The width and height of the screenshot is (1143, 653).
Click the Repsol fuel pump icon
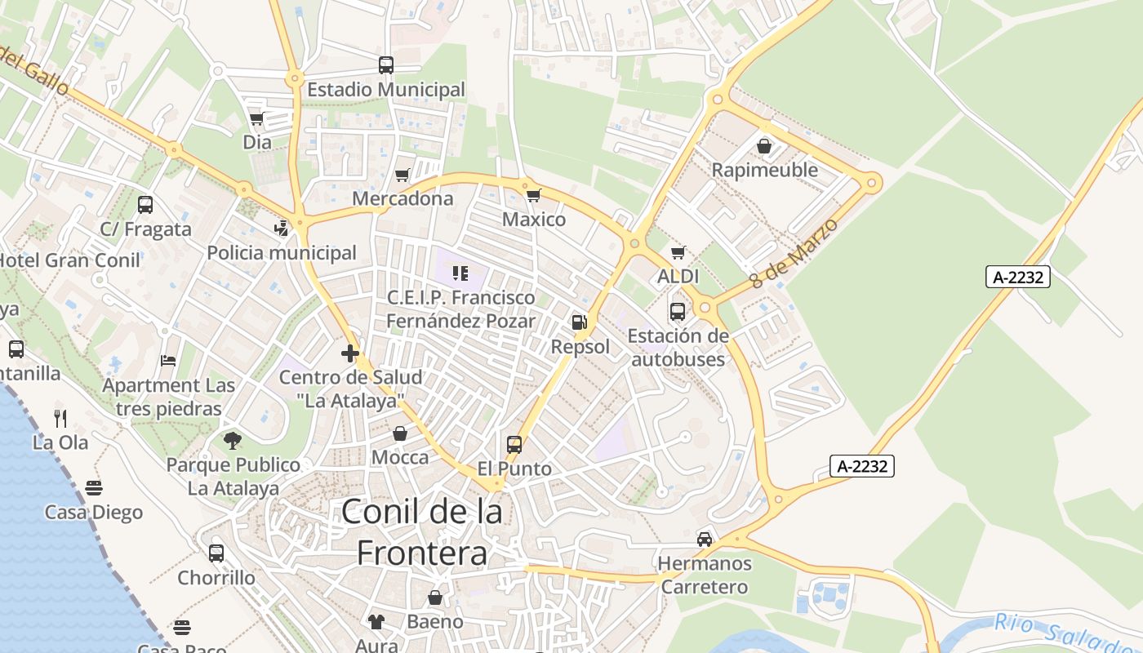tap(580, 322)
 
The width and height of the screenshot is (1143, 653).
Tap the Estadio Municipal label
tap(386, 90)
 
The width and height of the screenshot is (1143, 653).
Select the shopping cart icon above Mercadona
tap(402, 175)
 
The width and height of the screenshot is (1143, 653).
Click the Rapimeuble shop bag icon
tap(764, 146)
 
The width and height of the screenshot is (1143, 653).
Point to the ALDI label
tap(678, 277)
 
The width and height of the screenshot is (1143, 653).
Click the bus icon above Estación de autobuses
tap(678, 311)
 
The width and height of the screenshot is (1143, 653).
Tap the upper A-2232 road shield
tap(1017, 277)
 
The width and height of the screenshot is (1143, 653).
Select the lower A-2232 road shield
tap(862, 466)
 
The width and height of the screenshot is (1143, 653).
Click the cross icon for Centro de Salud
tap(350, 353)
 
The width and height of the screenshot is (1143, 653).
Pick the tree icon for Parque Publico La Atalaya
tap(233, 441)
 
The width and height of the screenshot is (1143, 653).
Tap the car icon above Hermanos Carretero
tap(704, 539)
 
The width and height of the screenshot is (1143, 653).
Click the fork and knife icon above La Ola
tap(60, 419)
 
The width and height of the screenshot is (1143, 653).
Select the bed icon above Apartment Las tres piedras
tap(168, 360)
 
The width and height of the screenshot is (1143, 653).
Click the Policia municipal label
tap(282, 253)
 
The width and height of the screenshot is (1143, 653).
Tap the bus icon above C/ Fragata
tap(145, 205)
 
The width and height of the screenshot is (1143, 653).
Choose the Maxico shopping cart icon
tap(534, 195)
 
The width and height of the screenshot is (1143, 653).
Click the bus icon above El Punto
tap(514, 445)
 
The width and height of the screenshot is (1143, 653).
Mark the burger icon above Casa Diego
tap(94, 488)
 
